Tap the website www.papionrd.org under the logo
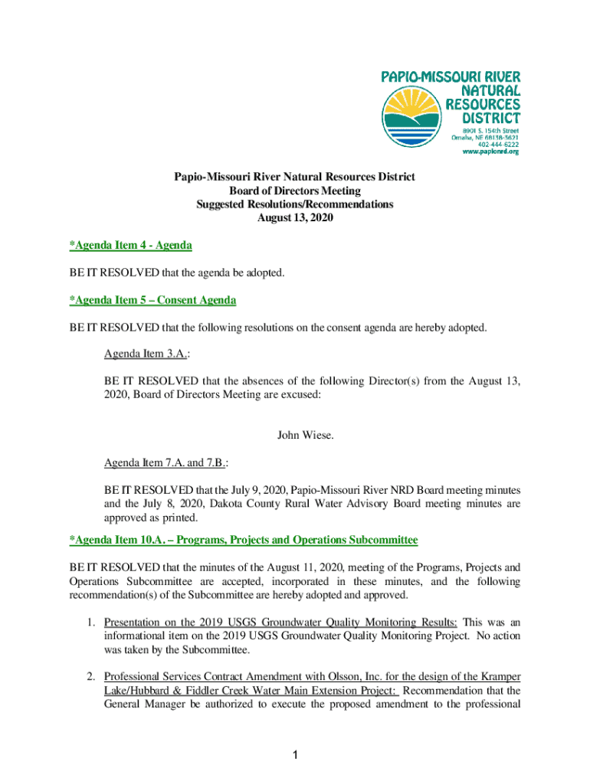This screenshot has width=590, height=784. coord(490,152)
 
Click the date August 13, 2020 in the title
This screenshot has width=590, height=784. coord(294,218)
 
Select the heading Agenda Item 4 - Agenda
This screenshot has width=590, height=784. coord(130,246)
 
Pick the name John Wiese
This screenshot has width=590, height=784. coord(306,436)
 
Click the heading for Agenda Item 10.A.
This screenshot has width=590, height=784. coord(244,541)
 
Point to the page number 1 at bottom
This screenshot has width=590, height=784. coord(294,756)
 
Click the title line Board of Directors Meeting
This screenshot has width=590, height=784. coord(294,191)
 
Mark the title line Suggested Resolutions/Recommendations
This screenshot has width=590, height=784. coord(294,204)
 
